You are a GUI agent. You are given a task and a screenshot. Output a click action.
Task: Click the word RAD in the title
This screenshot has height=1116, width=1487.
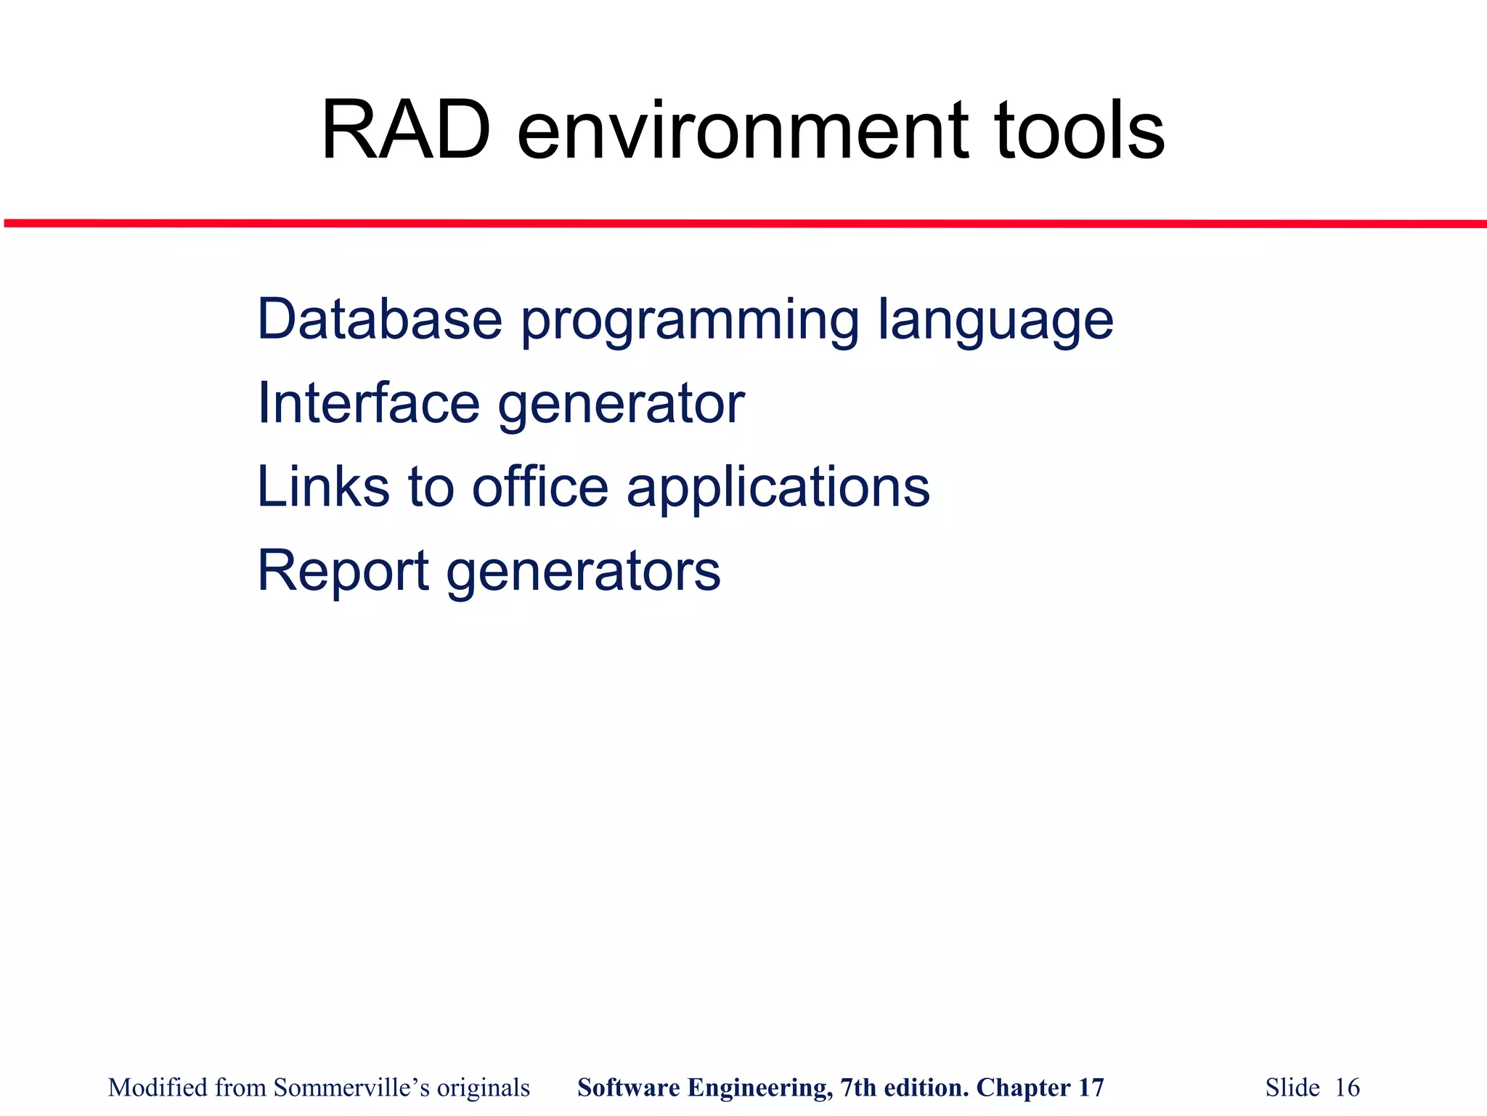(x=406, y=132)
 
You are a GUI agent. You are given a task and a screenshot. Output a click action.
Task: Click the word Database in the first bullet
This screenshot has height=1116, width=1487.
(x=380, y=320)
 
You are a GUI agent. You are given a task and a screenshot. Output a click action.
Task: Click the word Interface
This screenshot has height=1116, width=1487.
(x=368, y=403)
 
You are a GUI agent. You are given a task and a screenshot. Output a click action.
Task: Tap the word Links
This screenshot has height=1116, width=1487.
(x=323, y=487)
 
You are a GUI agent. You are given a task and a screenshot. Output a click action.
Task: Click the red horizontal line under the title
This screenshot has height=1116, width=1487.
(x=743, y=224)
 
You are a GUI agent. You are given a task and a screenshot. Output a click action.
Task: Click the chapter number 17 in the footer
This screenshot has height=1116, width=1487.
(x=1091, y=1088)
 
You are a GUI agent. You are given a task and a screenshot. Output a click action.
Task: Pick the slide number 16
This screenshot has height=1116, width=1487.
(x=1348, y=1088)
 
